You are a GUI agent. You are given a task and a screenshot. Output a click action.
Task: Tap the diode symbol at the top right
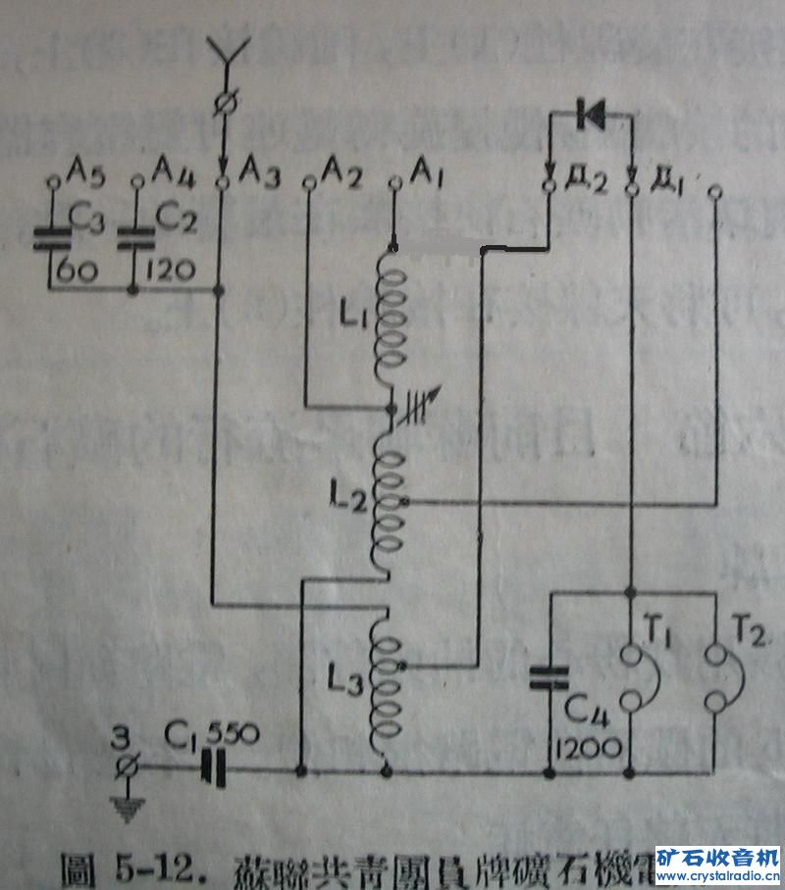click(x=592, y=115)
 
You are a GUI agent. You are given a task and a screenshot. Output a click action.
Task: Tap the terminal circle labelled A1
click(x=394, y=181)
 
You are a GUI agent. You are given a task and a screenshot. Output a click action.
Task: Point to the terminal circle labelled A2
click(x=308, y=181)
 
